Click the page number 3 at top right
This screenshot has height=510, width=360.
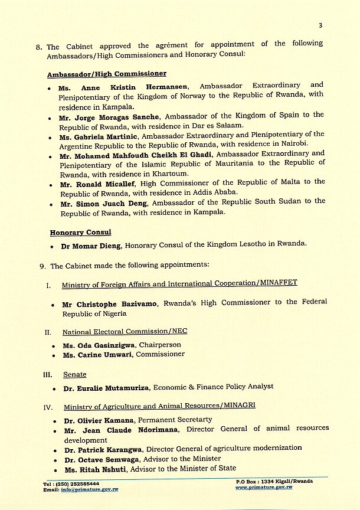click(x=320, y=25)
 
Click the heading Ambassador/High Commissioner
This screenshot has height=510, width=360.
click(x=107, y=74)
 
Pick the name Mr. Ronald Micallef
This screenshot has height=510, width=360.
click(x=99, y=182)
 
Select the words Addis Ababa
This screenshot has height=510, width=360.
click(x=220, y=192)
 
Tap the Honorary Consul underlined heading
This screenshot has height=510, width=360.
click(x=80, y=233)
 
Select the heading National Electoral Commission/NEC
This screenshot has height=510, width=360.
click(x=125, y=332)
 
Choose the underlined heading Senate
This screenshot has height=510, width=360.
click(x=74, y=374)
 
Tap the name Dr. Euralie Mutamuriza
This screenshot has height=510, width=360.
click(x=106, y=387)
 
